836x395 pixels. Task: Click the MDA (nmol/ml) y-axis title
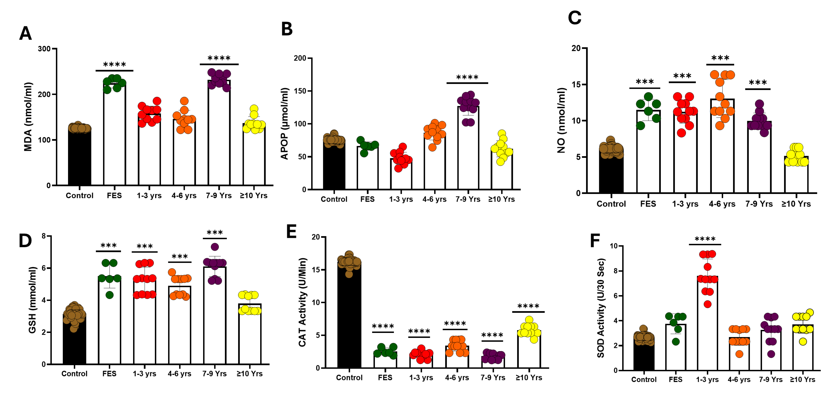pos(28,117)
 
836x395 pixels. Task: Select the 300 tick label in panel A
pos(44,49)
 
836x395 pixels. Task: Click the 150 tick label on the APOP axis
pos(300,91)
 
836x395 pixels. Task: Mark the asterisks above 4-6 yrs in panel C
pos(720,59)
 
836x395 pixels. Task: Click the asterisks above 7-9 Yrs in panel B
pos(467,77)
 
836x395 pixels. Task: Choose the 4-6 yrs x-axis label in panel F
pos(739,379)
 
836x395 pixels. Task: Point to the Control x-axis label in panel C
pos(611,204)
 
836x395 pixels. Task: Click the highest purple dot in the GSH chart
pos(215,247)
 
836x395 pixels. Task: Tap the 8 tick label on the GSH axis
pos(44,236)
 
